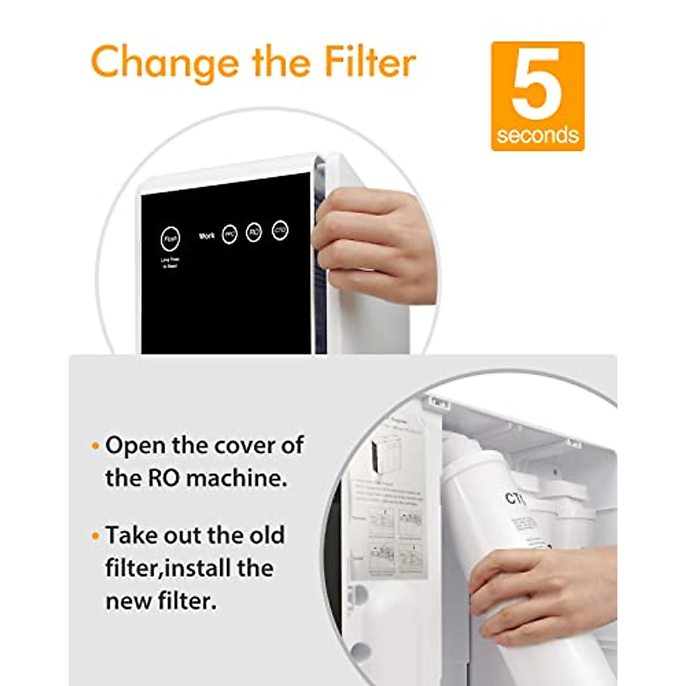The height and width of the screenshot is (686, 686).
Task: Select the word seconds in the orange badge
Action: (537, 135)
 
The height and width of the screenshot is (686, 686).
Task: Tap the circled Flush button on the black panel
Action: (170, 239)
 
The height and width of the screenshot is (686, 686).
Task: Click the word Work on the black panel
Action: (206, 236)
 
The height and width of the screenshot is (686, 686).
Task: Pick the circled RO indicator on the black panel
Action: (254, 232)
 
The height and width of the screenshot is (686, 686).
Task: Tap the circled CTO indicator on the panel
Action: (280, 230)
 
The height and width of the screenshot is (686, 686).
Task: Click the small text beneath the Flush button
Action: (170, 263)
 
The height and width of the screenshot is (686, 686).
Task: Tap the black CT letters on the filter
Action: (514, 498)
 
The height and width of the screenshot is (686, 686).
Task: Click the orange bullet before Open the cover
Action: (95, 446)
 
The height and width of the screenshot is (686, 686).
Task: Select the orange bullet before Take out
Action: (95, 536)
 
